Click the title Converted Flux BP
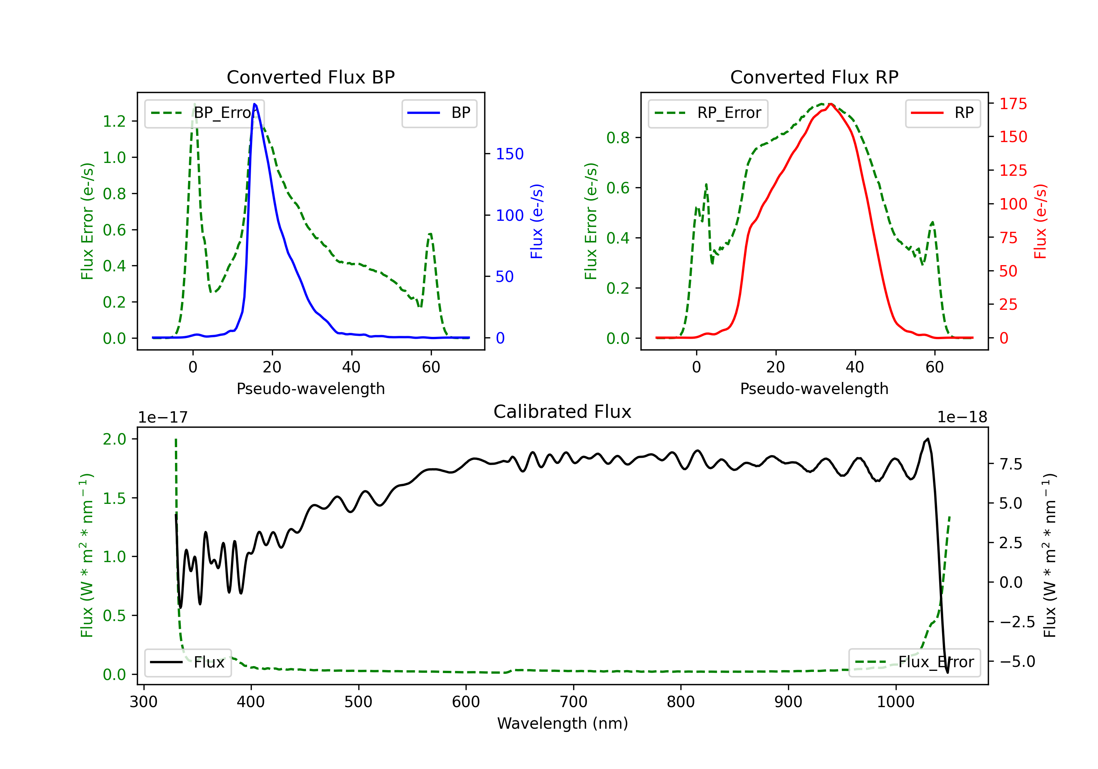point(310,77)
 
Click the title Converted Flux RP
point(814,77)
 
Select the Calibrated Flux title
point(563,412)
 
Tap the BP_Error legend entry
point(204,113)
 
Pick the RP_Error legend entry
point(708,113)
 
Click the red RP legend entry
point(942,113)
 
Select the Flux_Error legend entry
point(914,662)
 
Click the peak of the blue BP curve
point(254,104)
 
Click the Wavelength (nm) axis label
point(563,724)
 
